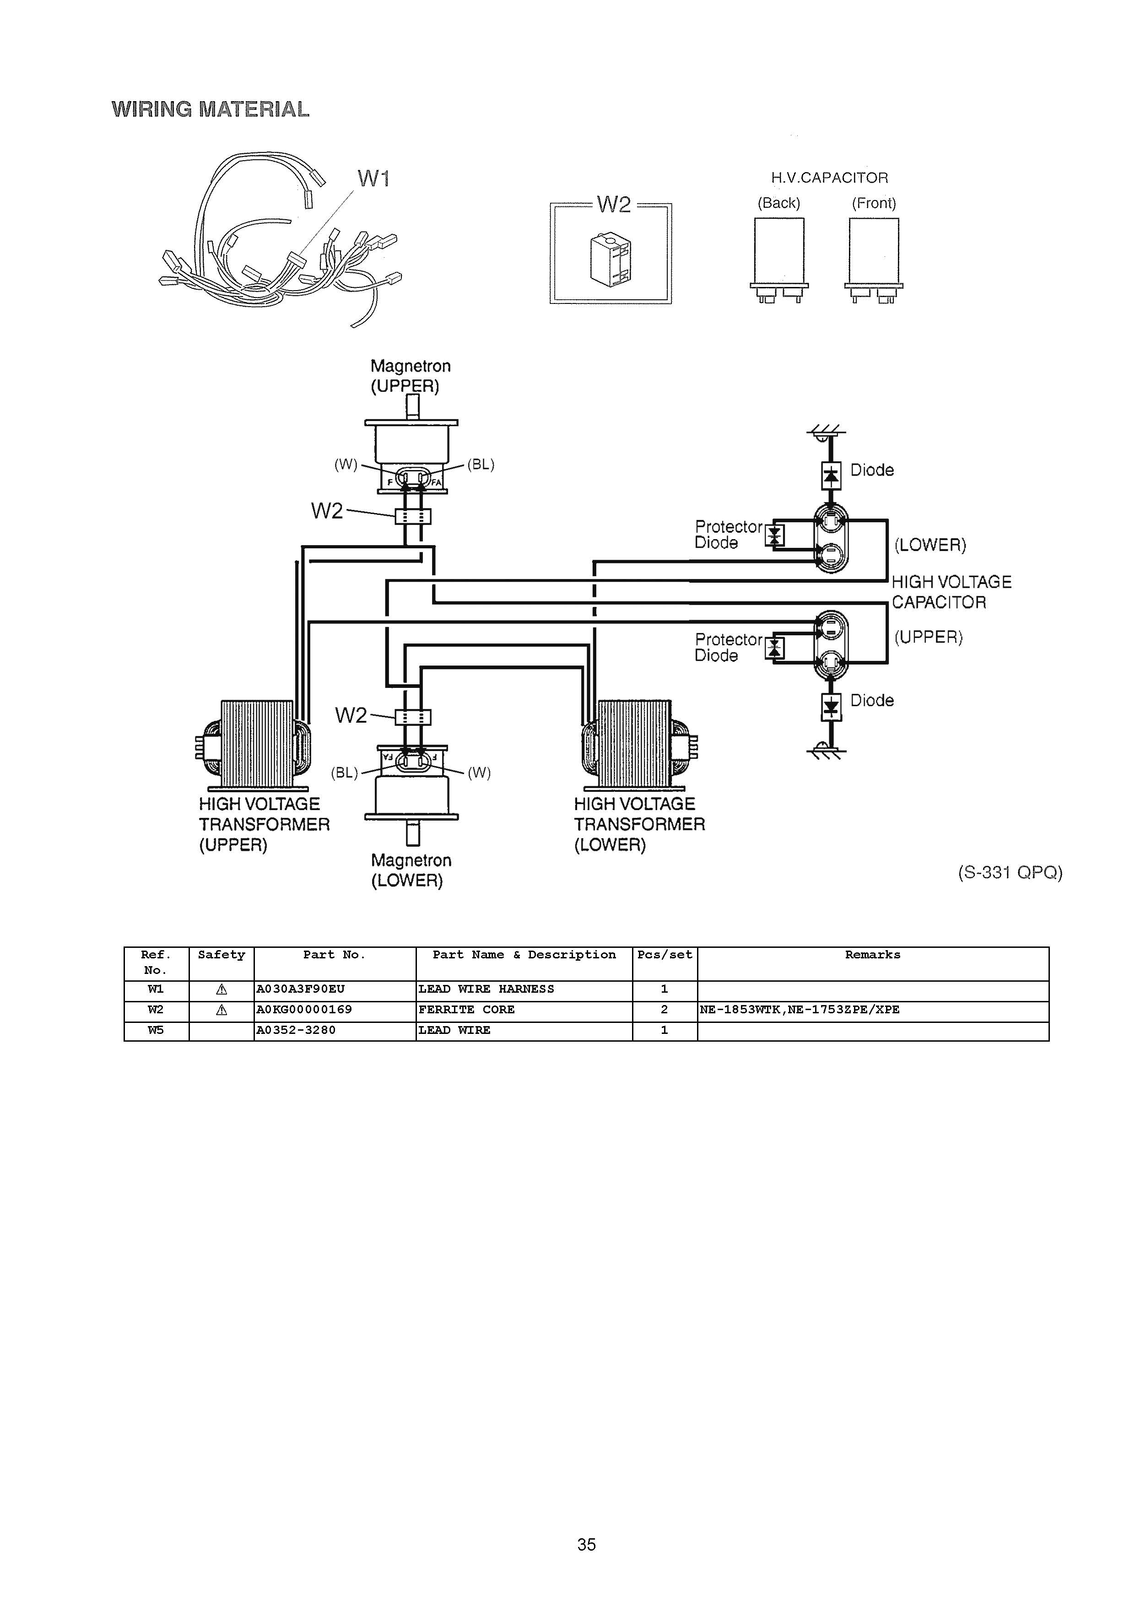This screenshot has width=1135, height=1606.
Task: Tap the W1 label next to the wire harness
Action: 373,178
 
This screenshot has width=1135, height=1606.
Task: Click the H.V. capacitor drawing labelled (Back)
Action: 779,260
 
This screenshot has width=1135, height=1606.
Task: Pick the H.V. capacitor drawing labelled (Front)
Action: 874,260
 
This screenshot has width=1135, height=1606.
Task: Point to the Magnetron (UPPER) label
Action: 411,376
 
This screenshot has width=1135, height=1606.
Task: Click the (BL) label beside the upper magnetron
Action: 481,465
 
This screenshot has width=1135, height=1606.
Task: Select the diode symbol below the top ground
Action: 830,476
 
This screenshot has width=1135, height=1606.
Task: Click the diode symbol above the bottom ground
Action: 830,707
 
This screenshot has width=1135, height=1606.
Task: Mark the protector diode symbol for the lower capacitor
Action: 774,536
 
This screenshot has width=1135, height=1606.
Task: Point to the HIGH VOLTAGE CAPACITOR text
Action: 951,592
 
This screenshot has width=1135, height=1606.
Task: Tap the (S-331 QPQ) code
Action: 1010,872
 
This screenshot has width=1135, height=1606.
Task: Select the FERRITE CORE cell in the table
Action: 466,1009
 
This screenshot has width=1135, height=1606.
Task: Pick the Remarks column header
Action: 873,955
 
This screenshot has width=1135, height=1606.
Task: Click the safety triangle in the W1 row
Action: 222,989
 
